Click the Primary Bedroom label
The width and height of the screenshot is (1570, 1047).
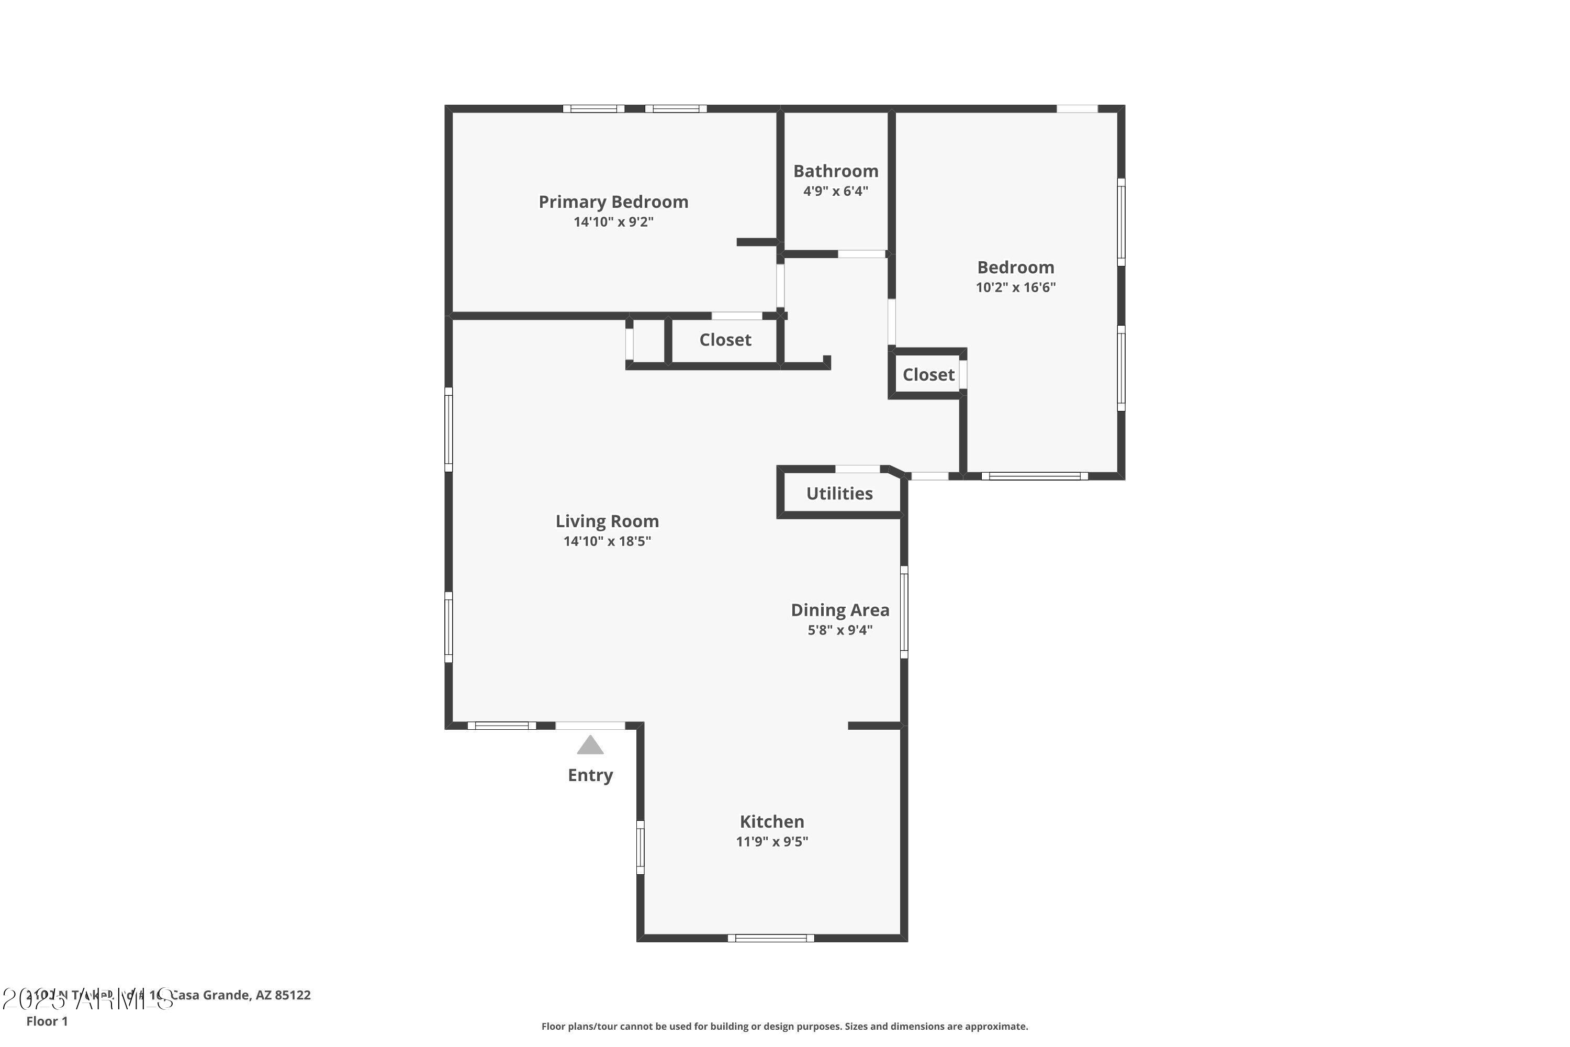(x=613, y=202)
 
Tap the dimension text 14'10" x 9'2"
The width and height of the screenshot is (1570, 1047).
(x=613, y=221)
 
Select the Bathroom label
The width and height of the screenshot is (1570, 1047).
(x=835, y=171)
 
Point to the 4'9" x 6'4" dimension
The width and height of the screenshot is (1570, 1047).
(x=835, y=191)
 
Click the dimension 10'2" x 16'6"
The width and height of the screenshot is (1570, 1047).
(x=1015, y=287)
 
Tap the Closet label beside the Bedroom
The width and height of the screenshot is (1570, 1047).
(x=928, y=375)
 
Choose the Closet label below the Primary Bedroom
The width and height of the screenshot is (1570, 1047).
(x=725, y=340)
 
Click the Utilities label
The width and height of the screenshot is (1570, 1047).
(x=839, y=494)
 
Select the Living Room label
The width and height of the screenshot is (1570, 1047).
(x=607, y=521)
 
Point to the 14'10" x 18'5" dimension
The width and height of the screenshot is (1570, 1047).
(x=607, y=541)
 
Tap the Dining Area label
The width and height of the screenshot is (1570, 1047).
(x=840, y=610)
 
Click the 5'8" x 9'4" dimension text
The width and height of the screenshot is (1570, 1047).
(x=840, y=630)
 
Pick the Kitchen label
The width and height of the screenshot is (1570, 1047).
(x=771, y=821)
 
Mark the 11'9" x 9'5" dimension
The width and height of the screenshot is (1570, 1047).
(x=771, y=841)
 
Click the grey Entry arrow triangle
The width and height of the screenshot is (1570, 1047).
(x=590, y=747)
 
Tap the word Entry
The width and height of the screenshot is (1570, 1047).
(x=590, y=775)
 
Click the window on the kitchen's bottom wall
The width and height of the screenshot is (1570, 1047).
(x=770, y=938)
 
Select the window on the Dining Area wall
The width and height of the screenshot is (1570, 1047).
(x=904, y=611)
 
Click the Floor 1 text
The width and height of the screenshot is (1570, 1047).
(x=47, y=1021)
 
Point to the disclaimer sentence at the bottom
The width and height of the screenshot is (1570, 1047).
(x=784, y=1026)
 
